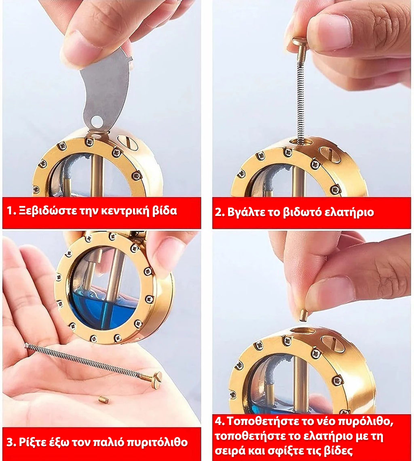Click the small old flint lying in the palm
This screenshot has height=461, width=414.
[103, 400]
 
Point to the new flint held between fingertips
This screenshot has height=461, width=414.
[303, 315]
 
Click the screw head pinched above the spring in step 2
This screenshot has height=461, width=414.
[300, 42]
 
